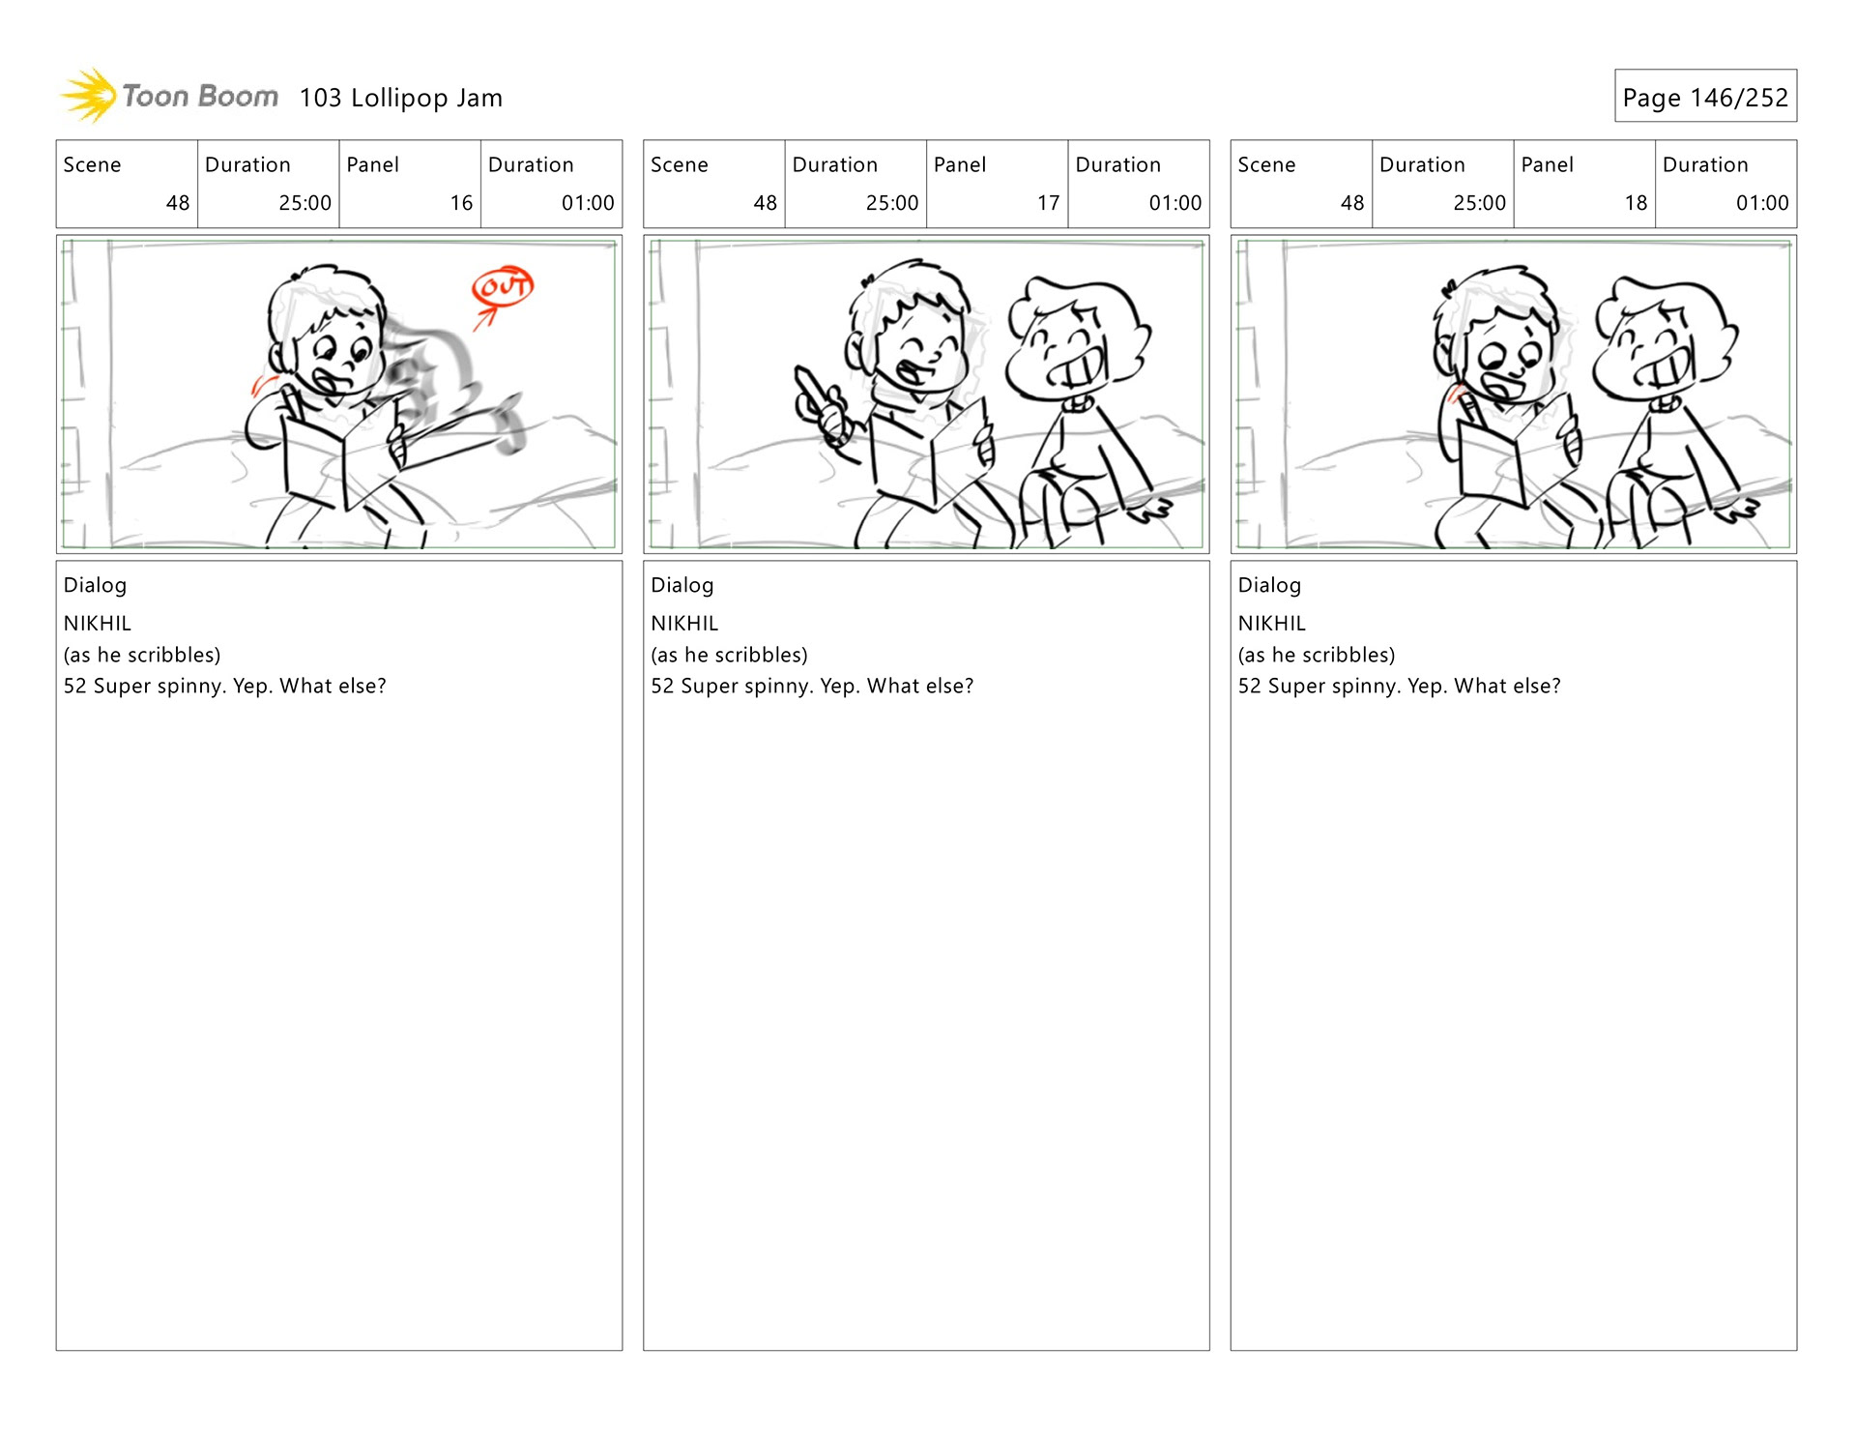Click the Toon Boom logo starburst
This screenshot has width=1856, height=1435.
(89, 96)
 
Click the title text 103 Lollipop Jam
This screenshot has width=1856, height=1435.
(401, 98)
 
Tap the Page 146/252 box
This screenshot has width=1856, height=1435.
(1705, 96)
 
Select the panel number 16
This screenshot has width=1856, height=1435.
(461, 203)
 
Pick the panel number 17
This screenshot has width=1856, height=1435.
(1049, 203)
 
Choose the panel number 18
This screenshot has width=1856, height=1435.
(1636, 203)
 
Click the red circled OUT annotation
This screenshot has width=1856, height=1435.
(503, 286)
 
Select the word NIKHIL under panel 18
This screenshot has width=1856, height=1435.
(1271, 624)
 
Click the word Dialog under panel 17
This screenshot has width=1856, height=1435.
(682, 585)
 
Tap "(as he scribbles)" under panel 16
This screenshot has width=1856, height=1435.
(142, 655)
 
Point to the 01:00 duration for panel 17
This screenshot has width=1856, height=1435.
(1175, 203)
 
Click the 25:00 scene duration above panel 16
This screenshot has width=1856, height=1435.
(305, 203)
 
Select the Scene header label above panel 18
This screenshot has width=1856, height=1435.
(1266, 164)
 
